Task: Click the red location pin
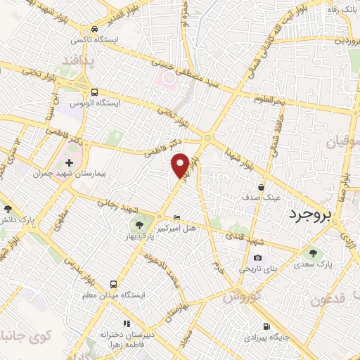click(x=181, y=165)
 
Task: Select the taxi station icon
click(x=94, y=29)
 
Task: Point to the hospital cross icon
click(x=69, y=162)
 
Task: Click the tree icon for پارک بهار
click(x=138, y=226)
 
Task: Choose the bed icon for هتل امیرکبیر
click(x=176, y=219)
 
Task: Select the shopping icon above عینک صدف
click(x=262, y=188)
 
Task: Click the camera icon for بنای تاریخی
click(x=257, y=259)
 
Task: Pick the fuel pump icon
click(x=265, y=326)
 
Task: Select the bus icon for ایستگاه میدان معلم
click(x=113, y=284)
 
